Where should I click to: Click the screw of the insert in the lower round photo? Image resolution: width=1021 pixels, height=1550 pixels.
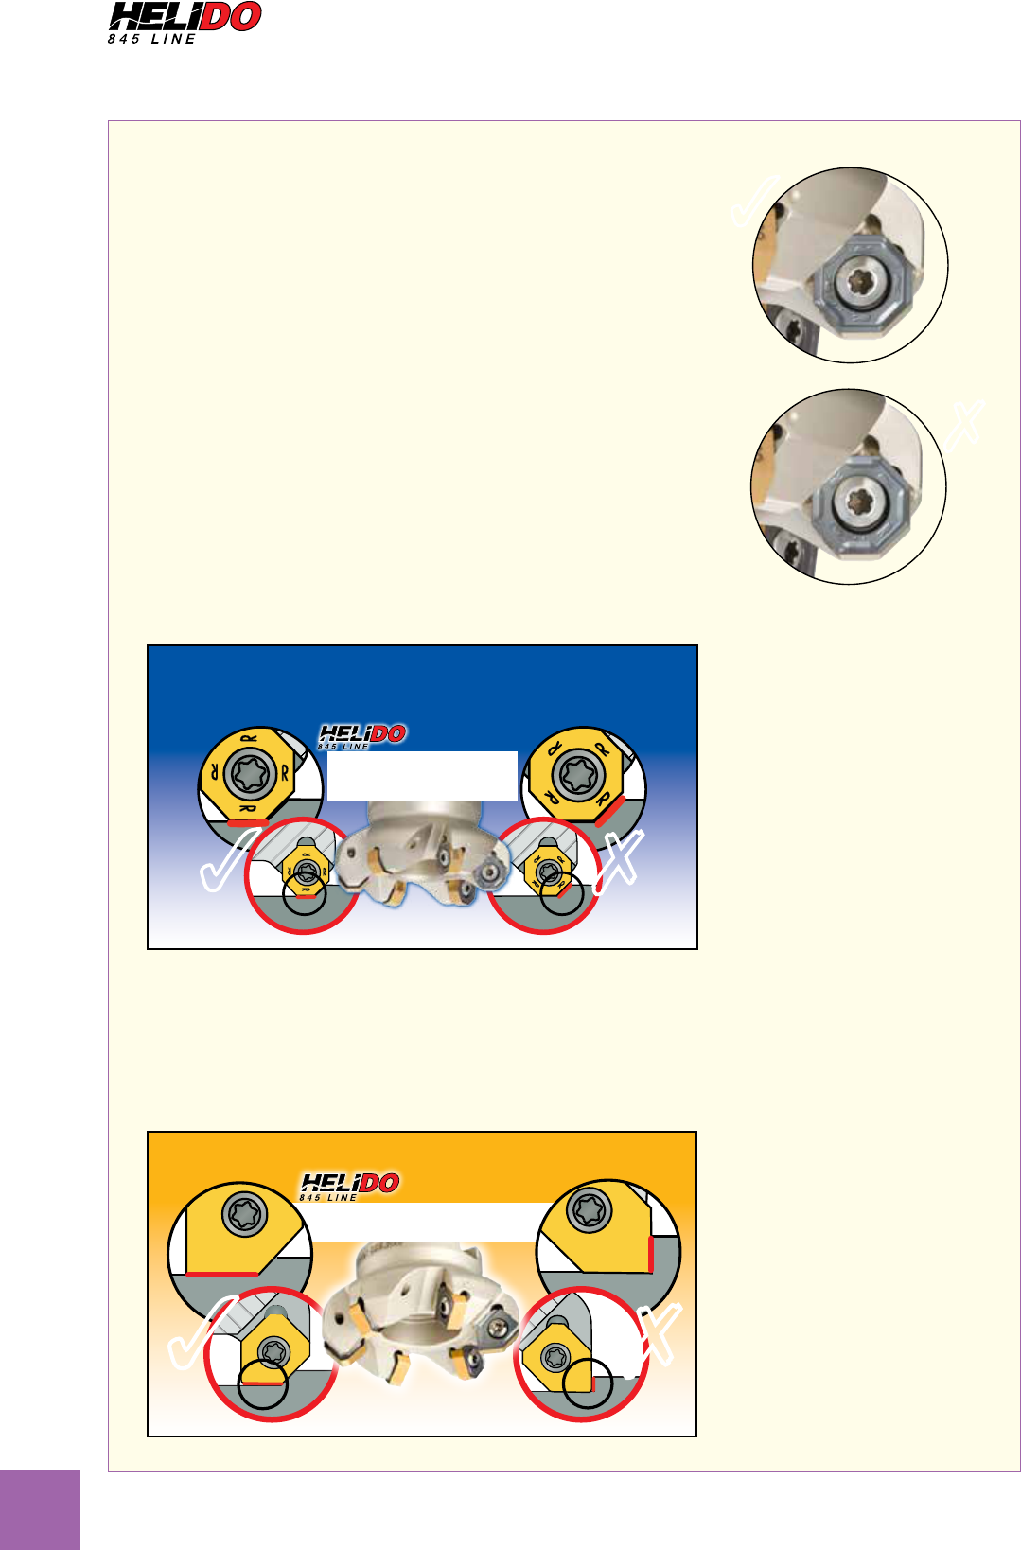pyautogui.click(x=860, y=501)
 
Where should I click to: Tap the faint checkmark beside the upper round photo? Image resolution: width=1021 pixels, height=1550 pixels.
pyautogui.click(x=754, y=202)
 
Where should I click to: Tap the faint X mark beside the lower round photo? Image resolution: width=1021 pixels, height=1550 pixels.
pyautogui.click(x=965, y=426)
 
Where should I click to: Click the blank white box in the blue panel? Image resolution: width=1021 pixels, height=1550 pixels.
pyautogui.click(x=422, y=776)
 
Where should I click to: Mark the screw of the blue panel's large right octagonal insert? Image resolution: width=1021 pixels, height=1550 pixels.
pyautogui.click(x=578, y=774)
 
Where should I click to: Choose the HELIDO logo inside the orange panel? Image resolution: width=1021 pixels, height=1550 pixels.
pyautogui.click(x=349, y=1186)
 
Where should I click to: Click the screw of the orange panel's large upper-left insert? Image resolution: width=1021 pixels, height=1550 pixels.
pyautogui.click(x=244, y=1212)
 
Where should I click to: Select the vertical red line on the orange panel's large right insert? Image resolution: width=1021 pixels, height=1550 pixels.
pyautogui.click(x=650, y=1254)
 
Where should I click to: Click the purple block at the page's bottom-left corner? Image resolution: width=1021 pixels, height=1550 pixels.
pyautogui.click(x=40, y=1510)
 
